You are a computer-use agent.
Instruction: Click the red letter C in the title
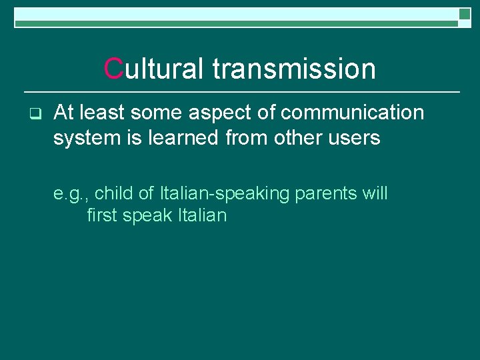click(x=114, y=69)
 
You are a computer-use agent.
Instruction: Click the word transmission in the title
click(x=294, y=69)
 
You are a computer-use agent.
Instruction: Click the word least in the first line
click(x=101, y=113)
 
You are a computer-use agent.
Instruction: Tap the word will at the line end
click(x=374, y=193)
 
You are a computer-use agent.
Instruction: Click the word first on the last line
click(x=102, y=215)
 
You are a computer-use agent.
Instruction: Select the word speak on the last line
click(x=148, y=216)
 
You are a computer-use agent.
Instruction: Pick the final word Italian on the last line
click(x=202, y=215)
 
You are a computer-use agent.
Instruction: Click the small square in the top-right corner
click(x=465, y=14)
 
